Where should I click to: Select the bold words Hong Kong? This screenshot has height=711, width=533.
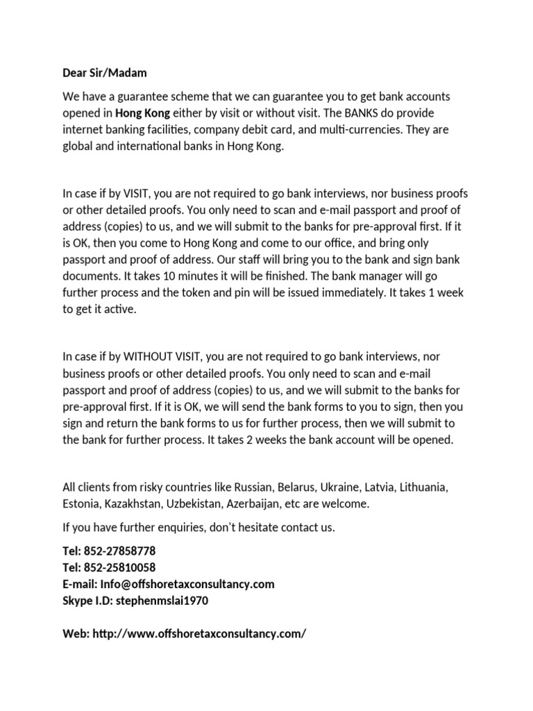[142, 112]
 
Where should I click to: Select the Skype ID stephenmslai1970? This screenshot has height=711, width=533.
[163, 601]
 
